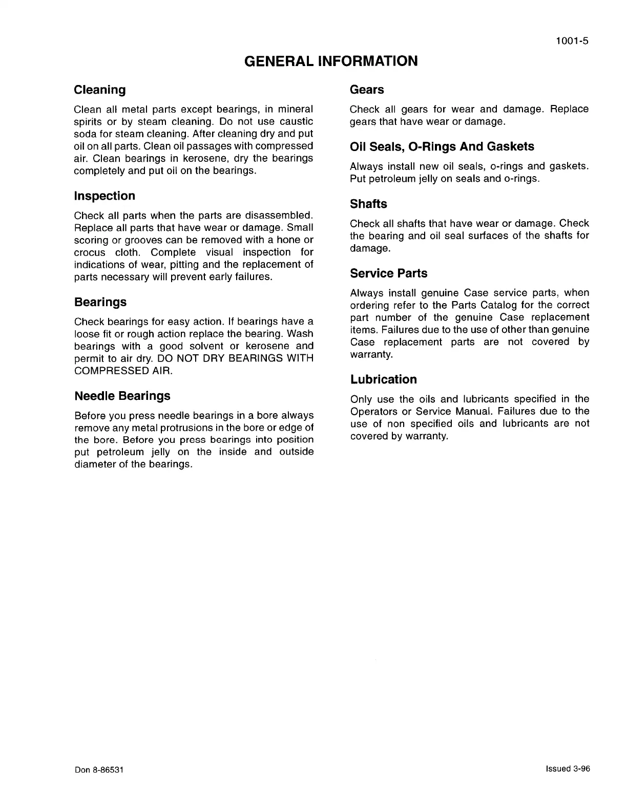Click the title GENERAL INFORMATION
point(331,61)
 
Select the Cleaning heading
point(100,90)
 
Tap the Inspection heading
point(104,196)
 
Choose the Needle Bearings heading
point(122,396)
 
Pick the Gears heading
point(367,90)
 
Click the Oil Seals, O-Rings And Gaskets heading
point(442,147)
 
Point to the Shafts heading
point(368,204)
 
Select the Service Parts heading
point(388,273)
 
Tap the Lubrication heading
point(383,379)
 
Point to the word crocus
point(90,252)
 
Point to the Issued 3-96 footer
point(568,769)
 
